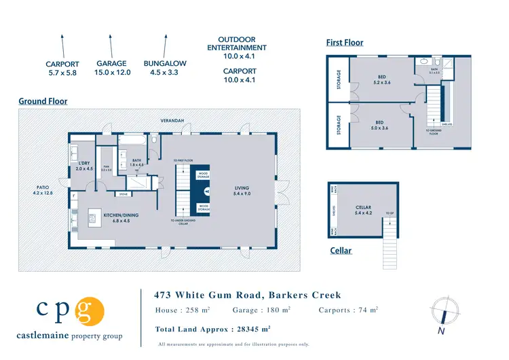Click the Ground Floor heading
[x=43, y=101]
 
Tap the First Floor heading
[x=345, y=43]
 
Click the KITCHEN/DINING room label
[x=120, y=218]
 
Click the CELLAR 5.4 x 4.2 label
[x=363, y=211]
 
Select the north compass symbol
[x=442, y=312]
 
